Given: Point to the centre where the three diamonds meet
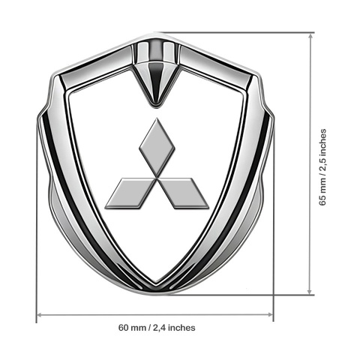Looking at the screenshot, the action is [x=157, y=178].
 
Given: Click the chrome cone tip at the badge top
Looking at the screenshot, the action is [x=157, y=106].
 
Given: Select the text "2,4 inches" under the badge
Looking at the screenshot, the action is [x=174, y=328].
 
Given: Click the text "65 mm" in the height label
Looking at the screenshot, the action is [x=322, y=193].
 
